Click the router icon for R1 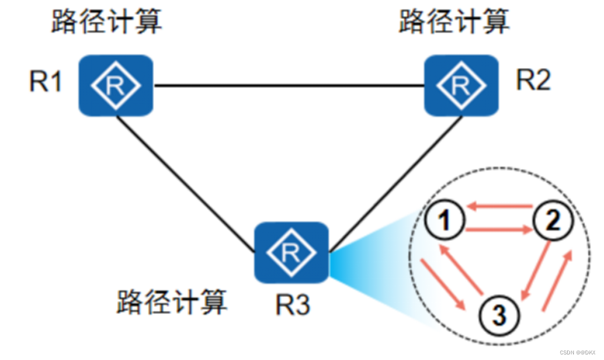click(x=116, y=85)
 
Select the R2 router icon click(x=461, y=85)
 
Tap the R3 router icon click(x=291, y=252)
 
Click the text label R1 click(x=46, y=82)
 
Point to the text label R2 click(x=533, y=81)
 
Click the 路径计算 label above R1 click(x=106, y=22)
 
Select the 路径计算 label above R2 click(x=454, y=22)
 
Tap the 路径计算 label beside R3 click(x=172, y=303)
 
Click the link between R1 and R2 click(x=289, y=86)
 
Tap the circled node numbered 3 click(x=499, y=317)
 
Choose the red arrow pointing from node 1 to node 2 click(x=498, y=229)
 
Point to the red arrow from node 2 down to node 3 click(x=537, y=270)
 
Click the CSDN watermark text click(x=577, y=353)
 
